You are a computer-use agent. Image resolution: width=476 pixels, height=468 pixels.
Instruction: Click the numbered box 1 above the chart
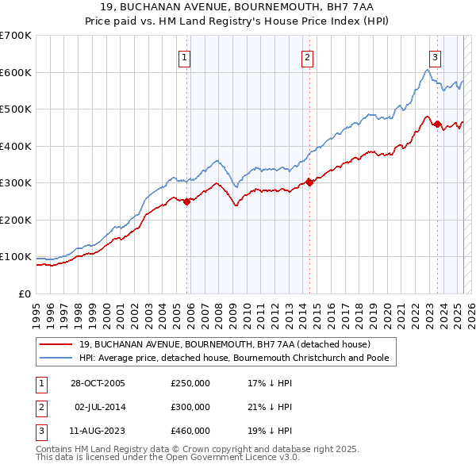tap(184, 57)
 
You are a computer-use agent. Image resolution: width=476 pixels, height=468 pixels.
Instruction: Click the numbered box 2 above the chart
tap(307, 57)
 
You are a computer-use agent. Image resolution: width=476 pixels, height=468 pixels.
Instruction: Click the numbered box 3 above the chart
tap(436, 57)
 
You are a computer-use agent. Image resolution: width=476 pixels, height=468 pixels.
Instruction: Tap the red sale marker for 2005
tap(187, 201)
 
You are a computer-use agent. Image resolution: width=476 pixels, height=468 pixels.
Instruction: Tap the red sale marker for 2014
tap(309, 182)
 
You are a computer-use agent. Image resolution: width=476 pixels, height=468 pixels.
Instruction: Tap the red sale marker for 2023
tap(437, 124)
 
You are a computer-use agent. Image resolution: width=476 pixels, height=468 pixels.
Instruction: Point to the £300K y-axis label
tap(16, 183)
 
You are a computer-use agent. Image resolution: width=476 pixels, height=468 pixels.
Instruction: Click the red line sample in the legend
tap(56, 344)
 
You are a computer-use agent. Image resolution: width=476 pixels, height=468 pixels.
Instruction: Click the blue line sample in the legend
tap(56, 359)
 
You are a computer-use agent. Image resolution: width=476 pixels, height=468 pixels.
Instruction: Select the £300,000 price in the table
tap(190, 407)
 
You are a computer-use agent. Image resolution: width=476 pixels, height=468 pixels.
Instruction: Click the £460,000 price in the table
tap(190, 431)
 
